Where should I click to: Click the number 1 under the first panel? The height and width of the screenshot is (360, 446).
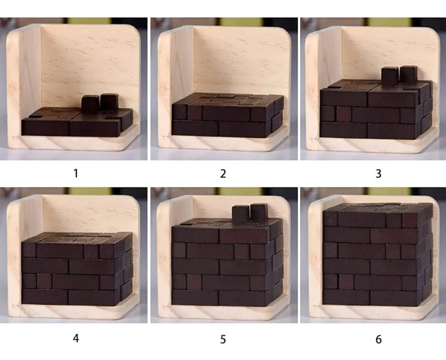click(75, 173)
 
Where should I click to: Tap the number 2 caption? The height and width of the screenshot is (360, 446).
click(223, 173)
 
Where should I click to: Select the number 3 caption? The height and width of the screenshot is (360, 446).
click(378, 173)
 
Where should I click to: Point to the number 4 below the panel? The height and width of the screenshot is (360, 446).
click(75, 338)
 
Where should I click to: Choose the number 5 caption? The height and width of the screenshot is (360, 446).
click(223, 338)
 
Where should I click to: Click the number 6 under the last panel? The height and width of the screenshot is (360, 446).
click(378, 338)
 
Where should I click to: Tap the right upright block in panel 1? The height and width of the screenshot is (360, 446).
click(109, 101)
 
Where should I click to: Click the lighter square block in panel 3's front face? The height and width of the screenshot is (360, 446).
click(344, 114)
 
